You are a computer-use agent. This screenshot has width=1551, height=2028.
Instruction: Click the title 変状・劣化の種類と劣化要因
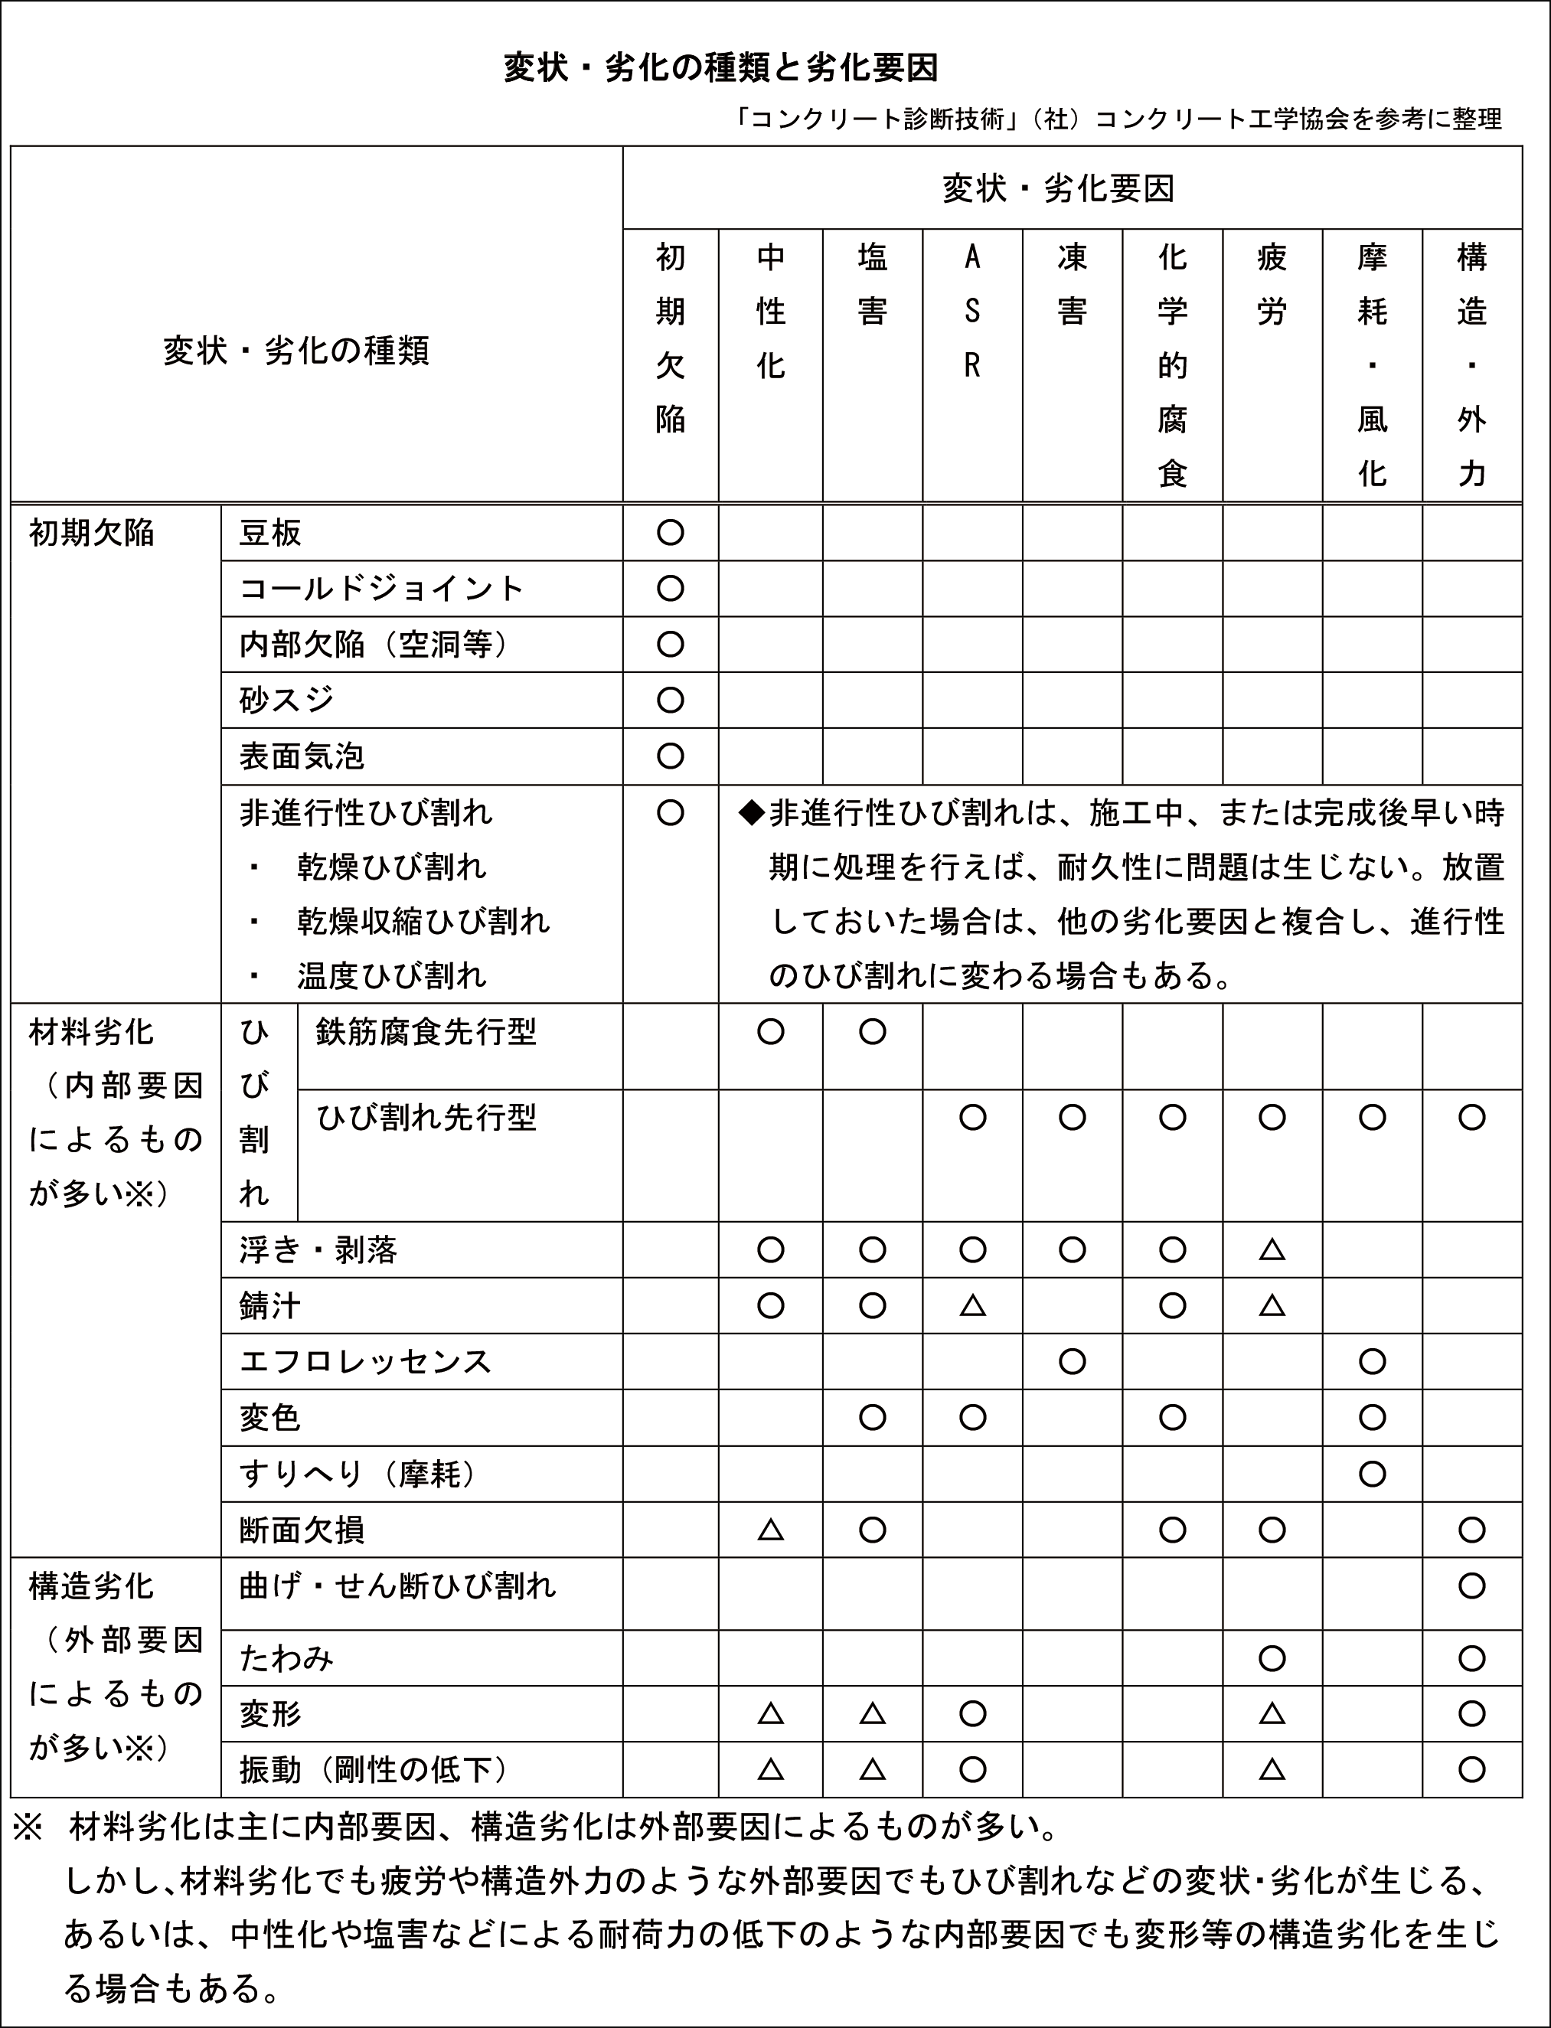pyautogui.click(x=720, y=68)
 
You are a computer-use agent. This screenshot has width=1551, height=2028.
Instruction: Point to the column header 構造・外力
pyautogui.click(x=1471, y=364)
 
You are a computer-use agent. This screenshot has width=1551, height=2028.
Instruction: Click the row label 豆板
pyautogui.click(x=269, y=534)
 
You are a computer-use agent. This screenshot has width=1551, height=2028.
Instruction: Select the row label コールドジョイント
pyautogui.click(x=381, y=589)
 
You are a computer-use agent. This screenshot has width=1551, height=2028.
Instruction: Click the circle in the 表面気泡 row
pyautogui.click(x=671, y=756)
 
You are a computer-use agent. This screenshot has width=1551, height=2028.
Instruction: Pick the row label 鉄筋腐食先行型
pyautogui.click(x=426, y=1032)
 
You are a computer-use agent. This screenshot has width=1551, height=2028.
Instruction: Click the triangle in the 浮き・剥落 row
pyautogui.click(x=1272, y=1250)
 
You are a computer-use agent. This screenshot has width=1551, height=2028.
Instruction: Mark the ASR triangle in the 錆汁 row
pyautogui.click(x=971, y=1305)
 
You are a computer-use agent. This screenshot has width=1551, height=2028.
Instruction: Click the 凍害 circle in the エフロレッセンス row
pyautogui.click(x=1072, y=1361)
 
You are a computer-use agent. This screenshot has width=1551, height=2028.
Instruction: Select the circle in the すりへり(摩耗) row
pyautogui.click(x=1372, y=1473)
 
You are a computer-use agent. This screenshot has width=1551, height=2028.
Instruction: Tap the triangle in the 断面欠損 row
pyautogui.click(x=770, y=1530)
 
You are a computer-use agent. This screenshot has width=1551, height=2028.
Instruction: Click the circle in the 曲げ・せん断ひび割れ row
pyautogui.click(x=1471, y=1585)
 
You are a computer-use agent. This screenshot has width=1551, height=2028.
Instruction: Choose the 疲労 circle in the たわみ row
pyautogui.click(x=1272, y=1659)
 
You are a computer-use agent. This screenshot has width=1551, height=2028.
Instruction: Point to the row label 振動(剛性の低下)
pyautogui.click(x=374, y=1769)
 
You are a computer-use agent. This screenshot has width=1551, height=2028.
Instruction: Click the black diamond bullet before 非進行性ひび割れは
pyautogui.click(x=752, y=812)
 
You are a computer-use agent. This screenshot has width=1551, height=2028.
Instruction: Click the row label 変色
pyautogui.click(x=269, y=1418)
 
